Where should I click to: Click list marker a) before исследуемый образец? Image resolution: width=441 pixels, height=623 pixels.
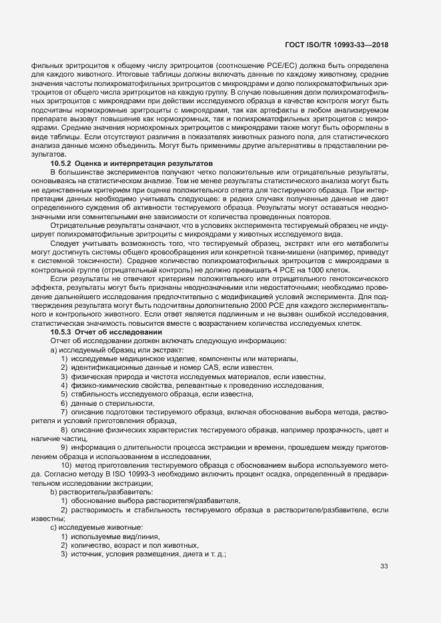pos(53,350)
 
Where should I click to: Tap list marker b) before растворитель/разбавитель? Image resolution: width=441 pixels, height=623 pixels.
pos(53,491)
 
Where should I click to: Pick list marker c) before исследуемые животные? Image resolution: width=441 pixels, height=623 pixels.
pos(53,527)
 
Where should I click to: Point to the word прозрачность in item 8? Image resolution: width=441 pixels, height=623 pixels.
pos(306,429)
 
